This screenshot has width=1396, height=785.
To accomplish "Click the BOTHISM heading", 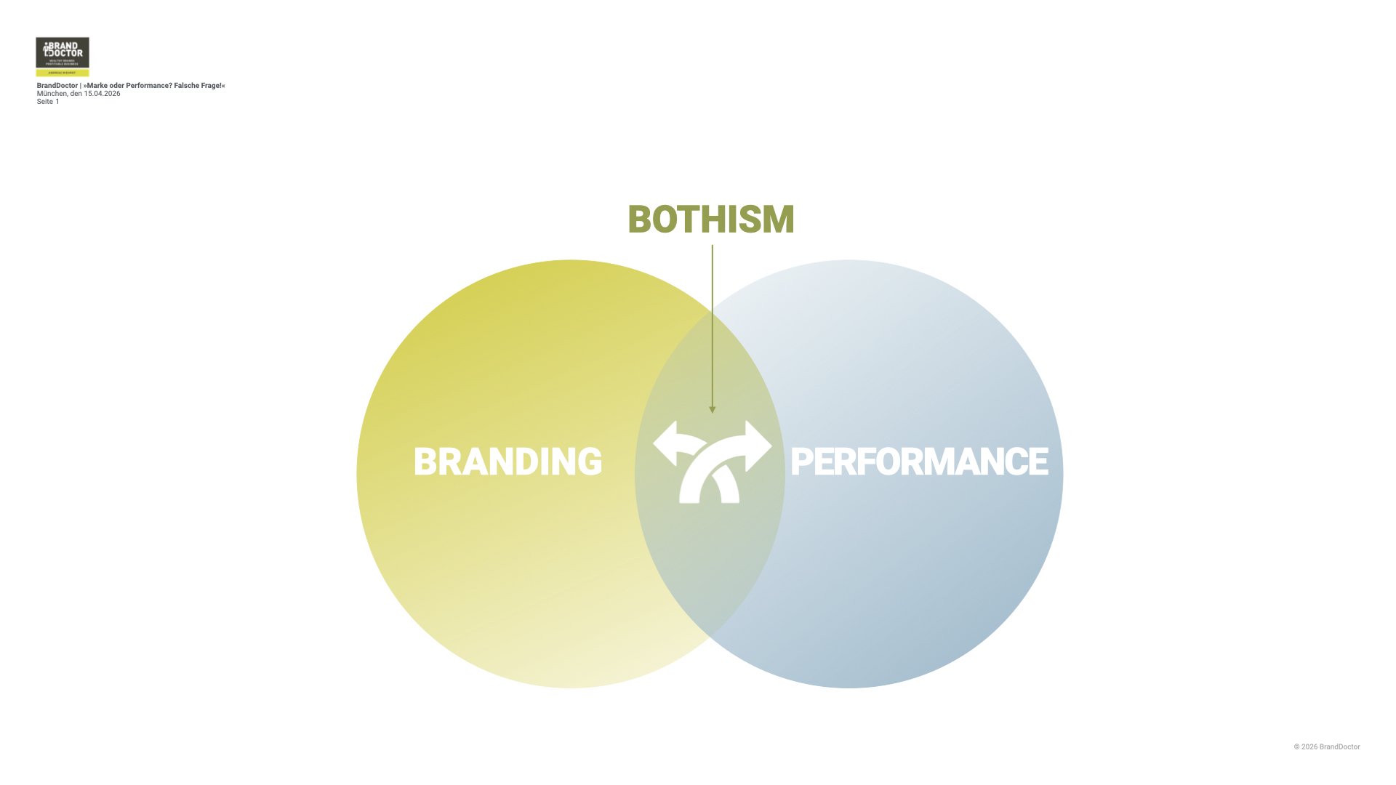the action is pyautogui.click(x=710, y=220).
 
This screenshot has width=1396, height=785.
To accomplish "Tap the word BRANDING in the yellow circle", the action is pyautogui.click(x=508, y=462).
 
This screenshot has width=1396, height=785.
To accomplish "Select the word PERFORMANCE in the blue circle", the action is pyautogui.click(x=919, y=462).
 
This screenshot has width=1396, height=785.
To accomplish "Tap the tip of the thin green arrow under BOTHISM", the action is pyautogui.click(x=713, y=410).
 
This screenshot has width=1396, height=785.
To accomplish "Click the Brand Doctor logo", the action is pyautogui.click(x=63, y=52).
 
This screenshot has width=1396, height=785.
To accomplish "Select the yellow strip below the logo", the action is pyautogui.click(x=63, y=73).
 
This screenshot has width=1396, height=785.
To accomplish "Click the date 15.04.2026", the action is pyautogui.click(x=102, y=94).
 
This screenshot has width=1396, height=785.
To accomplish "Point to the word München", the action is pyautogui.click(x=52, y=94).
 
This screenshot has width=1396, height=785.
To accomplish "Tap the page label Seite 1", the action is pyautogui.click(x=48, y=102).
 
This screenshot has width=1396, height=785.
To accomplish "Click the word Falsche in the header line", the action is pyautogui.click(x=187, y=86).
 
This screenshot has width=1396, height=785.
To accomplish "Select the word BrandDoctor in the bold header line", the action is pyautogui.click(x=57, y=86).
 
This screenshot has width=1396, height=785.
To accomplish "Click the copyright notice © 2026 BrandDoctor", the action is pyautogui.click(x=1326, y=746).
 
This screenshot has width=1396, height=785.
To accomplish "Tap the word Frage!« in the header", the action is pyautogui.click(x=213, y=86).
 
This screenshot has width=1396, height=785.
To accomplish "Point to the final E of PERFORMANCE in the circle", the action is pyautogui.click(x=1038, y=462).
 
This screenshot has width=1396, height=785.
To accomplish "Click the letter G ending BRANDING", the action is pyautogui.click(x=590, y=462).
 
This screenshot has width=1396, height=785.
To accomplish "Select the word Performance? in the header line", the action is pyautogui.click(x=149, y=86).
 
